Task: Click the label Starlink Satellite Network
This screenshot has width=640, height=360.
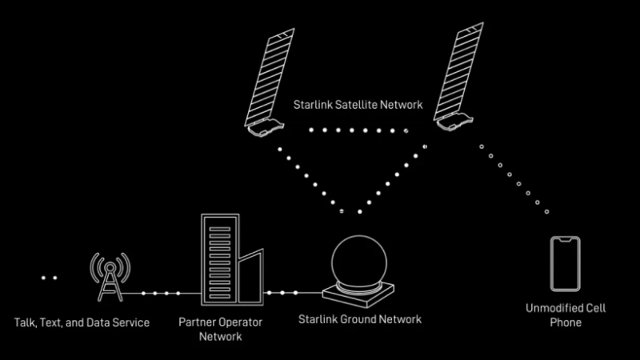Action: (357, 105)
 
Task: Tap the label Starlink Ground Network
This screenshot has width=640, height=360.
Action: (359, 319)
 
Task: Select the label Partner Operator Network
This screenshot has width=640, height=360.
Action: (220, 329)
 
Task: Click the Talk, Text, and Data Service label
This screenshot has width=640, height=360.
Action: (82, 322)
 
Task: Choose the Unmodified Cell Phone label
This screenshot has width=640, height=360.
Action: (564, 315)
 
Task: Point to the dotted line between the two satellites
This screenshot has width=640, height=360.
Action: (357, 130)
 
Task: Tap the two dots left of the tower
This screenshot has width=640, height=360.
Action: (49, 278)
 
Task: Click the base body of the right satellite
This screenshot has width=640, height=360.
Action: (452, 118)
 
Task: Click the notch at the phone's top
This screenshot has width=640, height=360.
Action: (565, 239)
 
